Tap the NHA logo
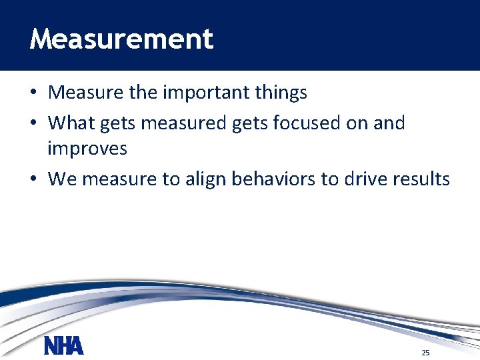[64, 346]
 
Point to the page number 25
[425, 352]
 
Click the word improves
[87, 148]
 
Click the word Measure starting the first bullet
[85, 92]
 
